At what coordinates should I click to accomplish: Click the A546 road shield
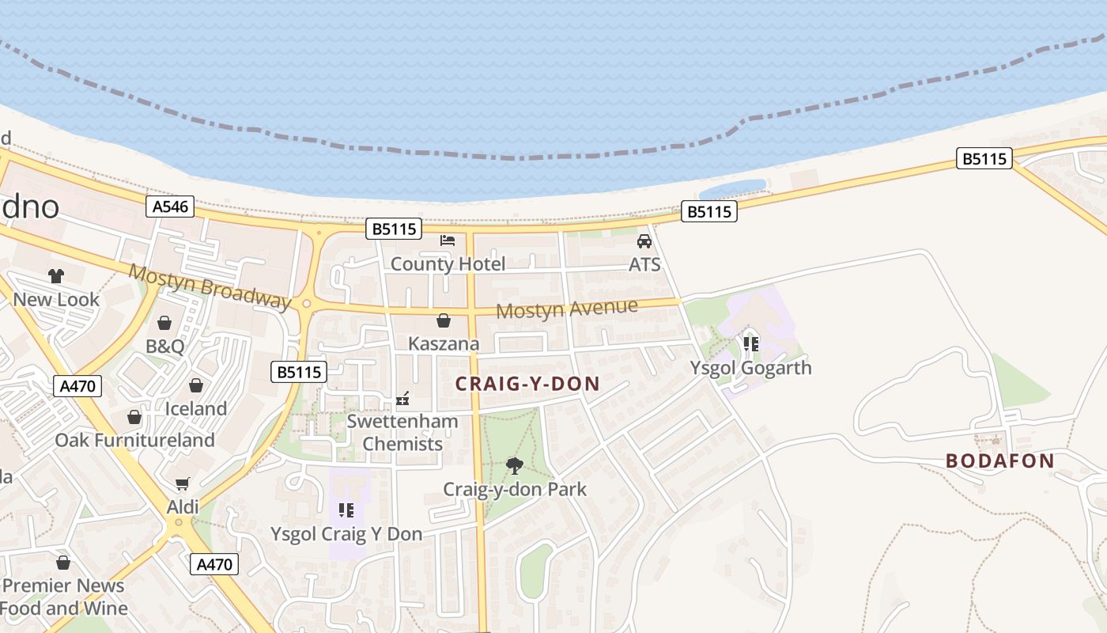[x=170, y=207]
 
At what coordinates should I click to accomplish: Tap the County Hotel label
[x=448, y=264]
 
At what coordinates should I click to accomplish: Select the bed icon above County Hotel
[x=448, y=241]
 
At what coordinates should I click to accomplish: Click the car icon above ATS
[x=644, y=241]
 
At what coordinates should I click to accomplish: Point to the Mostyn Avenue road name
[x=566, y=309]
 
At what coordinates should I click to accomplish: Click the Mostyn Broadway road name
[x=210, y=286]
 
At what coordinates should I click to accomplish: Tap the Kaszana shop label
[x=444, y=344]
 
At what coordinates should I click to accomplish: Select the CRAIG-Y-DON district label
[x=527, y=385]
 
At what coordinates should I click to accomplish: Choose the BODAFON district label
[x=999, y=461]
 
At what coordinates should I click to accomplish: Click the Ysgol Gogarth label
[x=750, y=368]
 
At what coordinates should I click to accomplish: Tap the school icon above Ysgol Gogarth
[x=750, y=343]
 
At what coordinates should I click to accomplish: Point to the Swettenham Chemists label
[x=402, y=432]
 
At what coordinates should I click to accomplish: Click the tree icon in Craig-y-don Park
[x=515, y=465]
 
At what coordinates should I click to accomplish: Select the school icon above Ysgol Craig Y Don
[x=346, y=510]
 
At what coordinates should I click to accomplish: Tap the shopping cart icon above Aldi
[x=183, y=483]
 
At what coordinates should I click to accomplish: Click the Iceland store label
[x=195, y=409]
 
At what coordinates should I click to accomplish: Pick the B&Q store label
[x=164, y=347]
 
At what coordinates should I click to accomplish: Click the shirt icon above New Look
[x=56, y=276]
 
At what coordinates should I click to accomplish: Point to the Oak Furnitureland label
[x=134, y=440]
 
